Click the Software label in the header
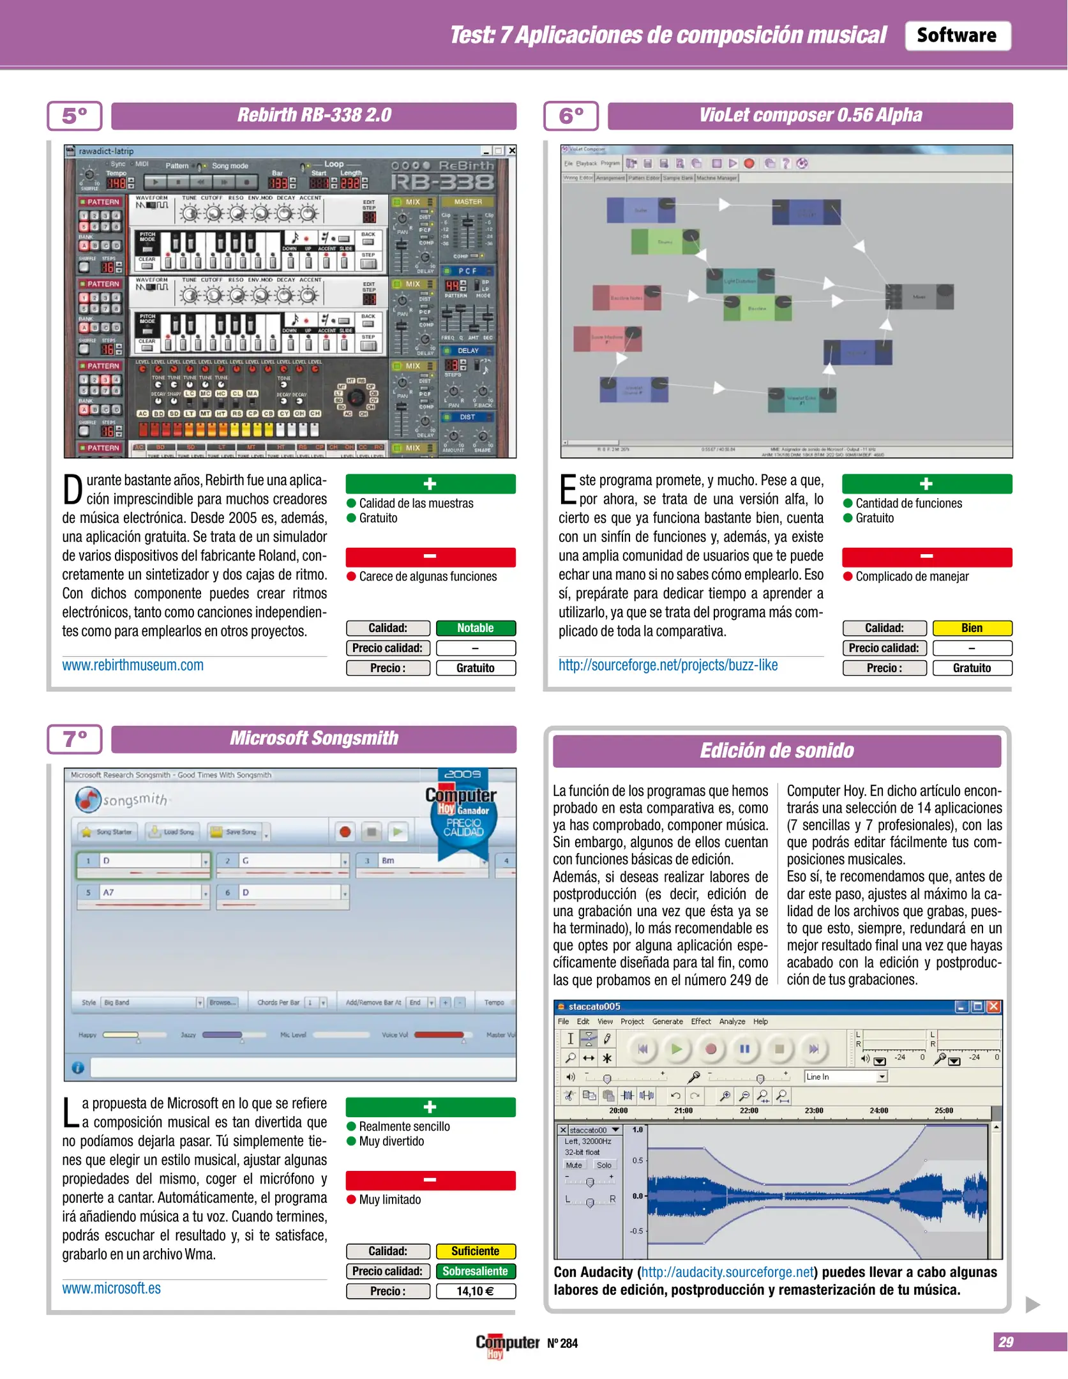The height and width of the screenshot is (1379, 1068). [x=956, y=35]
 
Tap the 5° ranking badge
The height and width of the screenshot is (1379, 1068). [x=74, y=116]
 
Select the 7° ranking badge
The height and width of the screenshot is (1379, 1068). [x=74, y=739]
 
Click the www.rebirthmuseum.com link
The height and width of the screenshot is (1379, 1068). [x=133, y=665]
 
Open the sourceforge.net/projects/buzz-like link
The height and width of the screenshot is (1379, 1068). [x=668, y=665]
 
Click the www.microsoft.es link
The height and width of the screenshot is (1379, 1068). [x=111, y=1288]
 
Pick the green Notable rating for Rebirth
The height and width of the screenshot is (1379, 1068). [x=475, y=628]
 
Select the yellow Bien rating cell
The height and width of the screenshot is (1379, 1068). [x=972, y=628]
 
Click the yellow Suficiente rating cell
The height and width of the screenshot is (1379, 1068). [x=475, y=1251]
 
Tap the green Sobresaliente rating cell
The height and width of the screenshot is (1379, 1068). [x=475, y=1271]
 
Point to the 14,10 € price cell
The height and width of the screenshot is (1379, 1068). [x=475, y=1291]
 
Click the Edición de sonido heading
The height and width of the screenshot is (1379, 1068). [x=776, y=751]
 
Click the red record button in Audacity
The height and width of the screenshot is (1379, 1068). [x=711, y=1048]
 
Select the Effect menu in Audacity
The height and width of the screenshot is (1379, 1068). [x=700, y=1021]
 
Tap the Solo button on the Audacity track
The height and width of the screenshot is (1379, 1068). [x=603, y=1165]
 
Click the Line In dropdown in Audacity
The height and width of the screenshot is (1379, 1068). [x=845, y=1077]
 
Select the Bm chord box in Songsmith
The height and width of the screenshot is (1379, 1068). [x=421, y=861]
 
